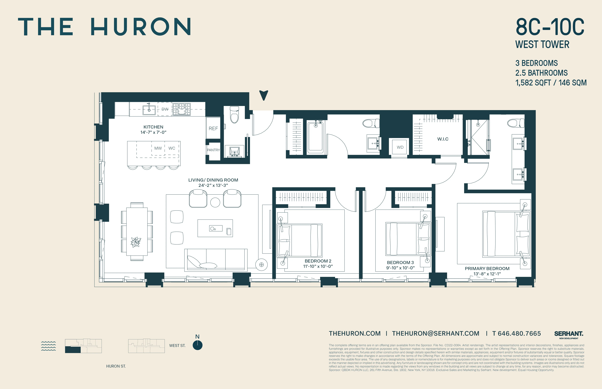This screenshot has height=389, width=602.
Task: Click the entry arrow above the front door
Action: [264, 95]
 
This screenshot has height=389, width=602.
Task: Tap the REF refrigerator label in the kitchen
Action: [213, 129]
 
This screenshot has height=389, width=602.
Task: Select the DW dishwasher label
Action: [165, 109]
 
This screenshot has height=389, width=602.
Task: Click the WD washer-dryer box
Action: [400, 147]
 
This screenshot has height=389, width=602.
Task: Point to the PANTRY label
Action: [213, 150]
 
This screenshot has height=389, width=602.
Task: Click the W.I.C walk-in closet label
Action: [443, 139]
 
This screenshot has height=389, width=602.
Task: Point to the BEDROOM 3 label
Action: [400, 262]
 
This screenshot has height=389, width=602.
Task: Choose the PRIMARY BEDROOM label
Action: [487, 269]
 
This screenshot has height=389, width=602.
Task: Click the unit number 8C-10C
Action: [550, 27]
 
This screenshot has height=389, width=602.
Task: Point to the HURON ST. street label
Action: [116, 366]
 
